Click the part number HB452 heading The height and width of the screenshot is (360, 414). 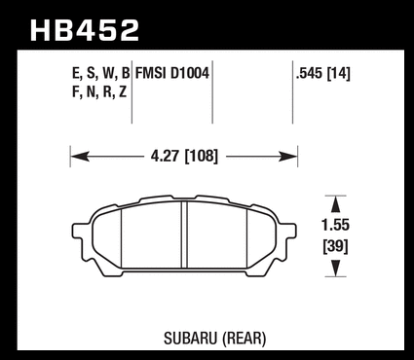point(85,30)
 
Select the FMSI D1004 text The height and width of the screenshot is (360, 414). point(172,73)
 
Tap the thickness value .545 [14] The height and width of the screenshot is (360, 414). point(323,74)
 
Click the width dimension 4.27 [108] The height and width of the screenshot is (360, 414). point(184,157)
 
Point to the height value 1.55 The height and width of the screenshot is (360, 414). point(335,225)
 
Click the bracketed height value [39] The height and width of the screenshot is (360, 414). point(335,247)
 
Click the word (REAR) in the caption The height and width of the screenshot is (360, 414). point(244,339)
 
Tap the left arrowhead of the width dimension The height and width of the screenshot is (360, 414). point(80,157)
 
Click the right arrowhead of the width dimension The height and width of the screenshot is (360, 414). point(288,157)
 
